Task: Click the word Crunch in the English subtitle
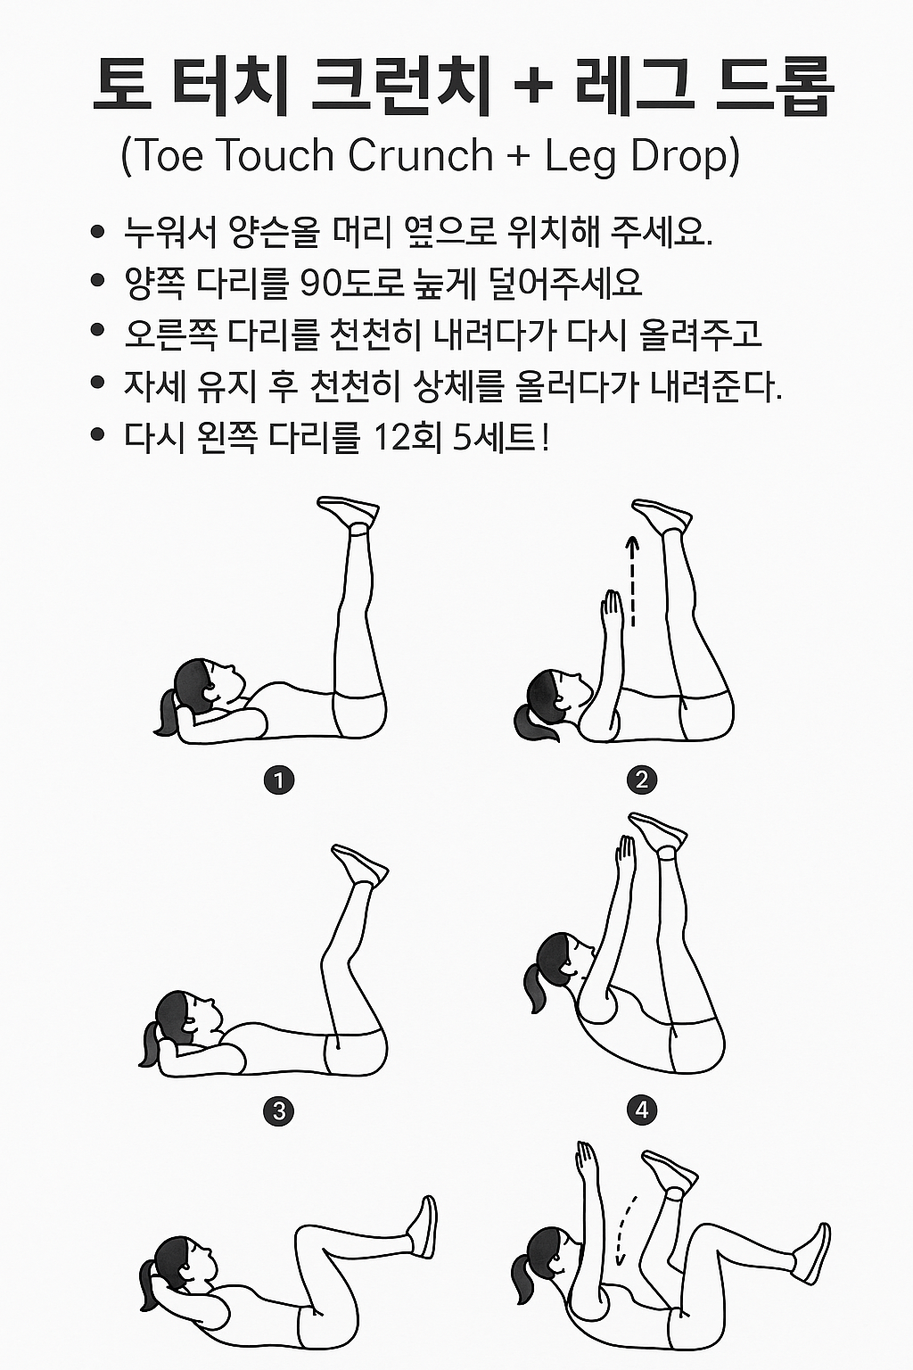(420, 155)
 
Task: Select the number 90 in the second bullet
(325, 285)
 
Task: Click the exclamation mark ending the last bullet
(545, 437)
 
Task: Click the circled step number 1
(279, 780)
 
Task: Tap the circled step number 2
(642, 780)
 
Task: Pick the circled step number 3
(279, 1111)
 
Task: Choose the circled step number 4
(642, 1111)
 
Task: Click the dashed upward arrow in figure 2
(633, 580)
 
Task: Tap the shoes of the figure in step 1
(349, 512)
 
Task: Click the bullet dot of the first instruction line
(98, 233)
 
